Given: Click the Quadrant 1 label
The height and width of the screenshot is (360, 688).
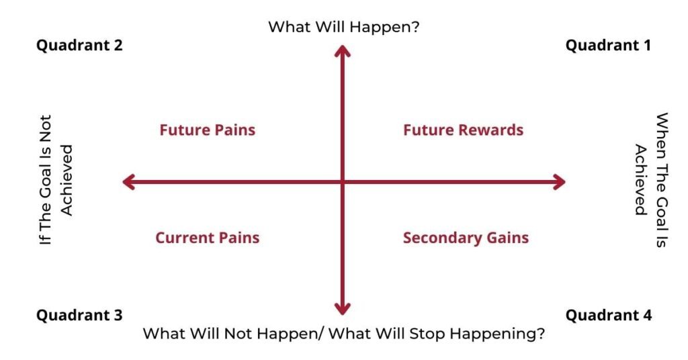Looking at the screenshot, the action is tap(608, 45).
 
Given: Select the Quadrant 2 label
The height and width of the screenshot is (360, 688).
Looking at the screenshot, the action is tap(79, 45).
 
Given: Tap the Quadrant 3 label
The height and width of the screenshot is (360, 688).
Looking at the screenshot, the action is tap(79, 315).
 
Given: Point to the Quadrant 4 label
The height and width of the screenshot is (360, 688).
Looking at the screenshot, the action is tap(609, 315).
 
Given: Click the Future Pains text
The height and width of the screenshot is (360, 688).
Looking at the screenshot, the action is tap(208, 130).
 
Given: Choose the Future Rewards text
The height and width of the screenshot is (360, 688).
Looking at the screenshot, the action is tap(464, 130).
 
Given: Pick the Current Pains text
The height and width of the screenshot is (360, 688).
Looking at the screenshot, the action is tap(208, 238).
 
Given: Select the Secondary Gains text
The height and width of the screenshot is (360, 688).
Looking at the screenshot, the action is tap(466, 238).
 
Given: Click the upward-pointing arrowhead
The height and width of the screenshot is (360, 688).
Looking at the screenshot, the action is tap(343, 51).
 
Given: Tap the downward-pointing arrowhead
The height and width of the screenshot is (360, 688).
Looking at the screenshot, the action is tap(343, 309).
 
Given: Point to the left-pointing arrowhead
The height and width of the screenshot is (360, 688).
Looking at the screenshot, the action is tap(128, 182).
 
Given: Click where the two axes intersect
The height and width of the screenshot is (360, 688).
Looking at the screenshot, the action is tap(343, 182).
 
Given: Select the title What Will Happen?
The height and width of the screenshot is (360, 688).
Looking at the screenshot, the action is tap(344, 27).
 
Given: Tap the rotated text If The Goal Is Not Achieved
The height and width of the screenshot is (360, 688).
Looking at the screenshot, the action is tap(56, 180).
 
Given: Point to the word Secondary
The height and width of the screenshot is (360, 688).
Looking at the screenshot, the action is tap(438, 238).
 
